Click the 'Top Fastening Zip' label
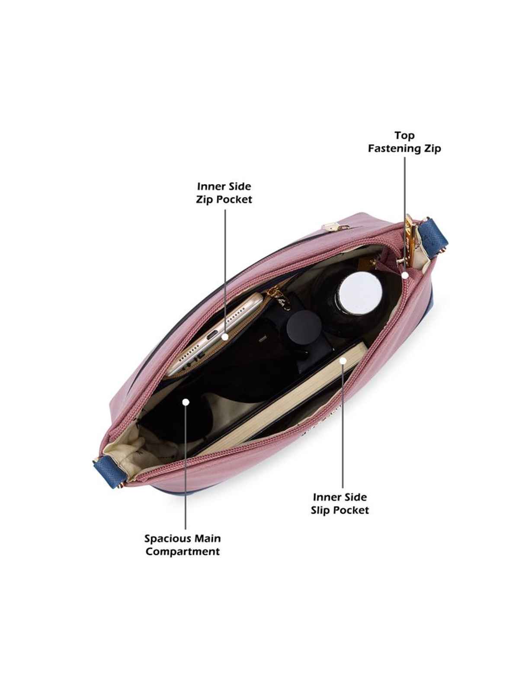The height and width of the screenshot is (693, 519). pos(404,142)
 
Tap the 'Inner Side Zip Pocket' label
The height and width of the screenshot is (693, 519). pos(224,193)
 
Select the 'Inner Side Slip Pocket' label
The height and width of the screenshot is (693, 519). pos(340,504)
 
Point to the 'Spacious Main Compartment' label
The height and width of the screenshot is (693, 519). pos(183,545)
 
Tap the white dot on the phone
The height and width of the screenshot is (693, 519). pos(225,337)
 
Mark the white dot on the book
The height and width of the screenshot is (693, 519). pos(343,360)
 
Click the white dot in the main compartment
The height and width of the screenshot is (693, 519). pos(186,402)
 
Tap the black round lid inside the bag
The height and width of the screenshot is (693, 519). pos(302,326)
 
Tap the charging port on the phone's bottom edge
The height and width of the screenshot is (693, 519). pos(211,336)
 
